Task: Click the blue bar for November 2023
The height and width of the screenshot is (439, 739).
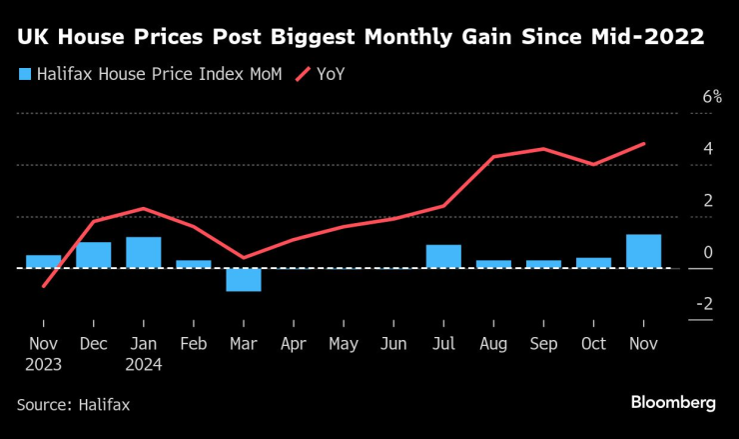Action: tap(43, 262)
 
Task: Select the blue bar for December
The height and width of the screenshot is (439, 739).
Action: tap(93, 255)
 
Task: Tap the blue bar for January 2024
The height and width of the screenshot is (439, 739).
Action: tap(143, 253)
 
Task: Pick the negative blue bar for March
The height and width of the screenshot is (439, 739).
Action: tap(244, 279)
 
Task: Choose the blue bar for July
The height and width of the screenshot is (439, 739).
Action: tap(443, 256)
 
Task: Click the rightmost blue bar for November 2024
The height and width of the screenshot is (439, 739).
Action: tap(643, 251)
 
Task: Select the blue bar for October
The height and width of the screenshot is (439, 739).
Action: tap(593, 263)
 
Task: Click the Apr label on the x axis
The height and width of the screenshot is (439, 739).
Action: tap(293, 343)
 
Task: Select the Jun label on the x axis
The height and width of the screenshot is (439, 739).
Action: tap(392, 343)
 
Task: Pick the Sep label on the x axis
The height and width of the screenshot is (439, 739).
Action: tap(543, 343)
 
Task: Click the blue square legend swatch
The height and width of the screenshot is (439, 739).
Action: tap(23, 73)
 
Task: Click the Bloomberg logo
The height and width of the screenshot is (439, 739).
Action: tap(673, 402)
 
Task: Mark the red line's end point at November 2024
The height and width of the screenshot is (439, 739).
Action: tap(644, 143)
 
